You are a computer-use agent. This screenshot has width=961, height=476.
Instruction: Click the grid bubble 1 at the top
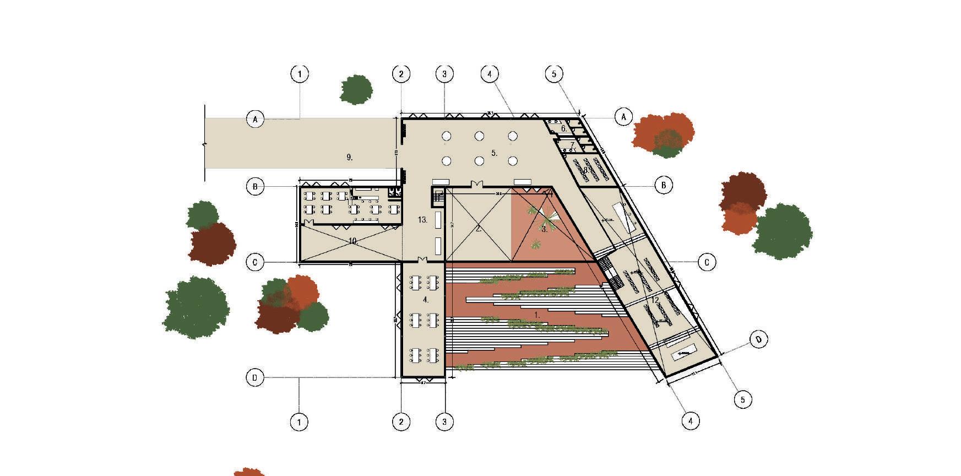point(300,74)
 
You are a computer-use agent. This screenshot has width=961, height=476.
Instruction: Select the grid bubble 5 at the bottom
point(743,399)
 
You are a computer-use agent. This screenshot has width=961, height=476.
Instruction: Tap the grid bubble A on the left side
point(255,118)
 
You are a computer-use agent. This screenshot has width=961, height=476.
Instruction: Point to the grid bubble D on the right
point(759,339)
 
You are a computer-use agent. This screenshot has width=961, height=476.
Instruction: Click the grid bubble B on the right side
point(664,185)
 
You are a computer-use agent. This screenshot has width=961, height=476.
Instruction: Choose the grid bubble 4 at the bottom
point(691,421)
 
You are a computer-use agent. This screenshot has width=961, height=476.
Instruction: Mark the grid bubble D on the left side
point(255,378)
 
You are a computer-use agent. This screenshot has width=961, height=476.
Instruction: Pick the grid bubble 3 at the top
point(445,74)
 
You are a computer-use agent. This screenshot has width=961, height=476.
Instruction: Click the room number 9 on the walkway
point(349,158)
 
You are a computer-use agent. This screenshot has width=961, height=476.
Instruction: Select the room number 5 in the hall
point(494,153)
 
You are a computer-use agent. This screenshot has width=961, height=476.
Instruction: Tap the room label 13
point(422,220)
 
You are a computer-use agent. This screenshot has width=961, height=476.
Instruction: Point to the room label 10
point(352,241)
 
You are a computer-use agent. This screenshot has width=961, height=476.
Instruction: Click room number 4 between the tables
point(425,300)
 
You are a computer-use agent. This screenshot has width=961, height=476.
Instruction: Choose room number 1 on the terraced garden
point(536,314)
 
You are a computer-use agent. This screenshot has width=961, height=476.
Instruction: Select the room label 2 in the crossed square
point(479,229)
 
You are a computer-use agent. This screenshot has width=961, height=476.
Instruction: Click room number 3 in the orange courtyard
point(544,230)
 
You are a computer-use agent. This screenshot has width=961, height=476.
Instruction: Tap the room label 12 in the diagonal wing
point(655,300)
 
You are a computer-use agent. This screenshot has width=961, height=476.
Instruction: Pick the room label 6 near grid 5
point(563,128)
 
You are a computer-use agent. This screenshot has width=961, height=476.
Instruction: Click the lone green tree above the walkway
point(356,90)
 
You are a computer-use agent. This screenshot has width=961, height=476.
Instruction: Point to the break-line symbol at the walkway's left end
point(205,143)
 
